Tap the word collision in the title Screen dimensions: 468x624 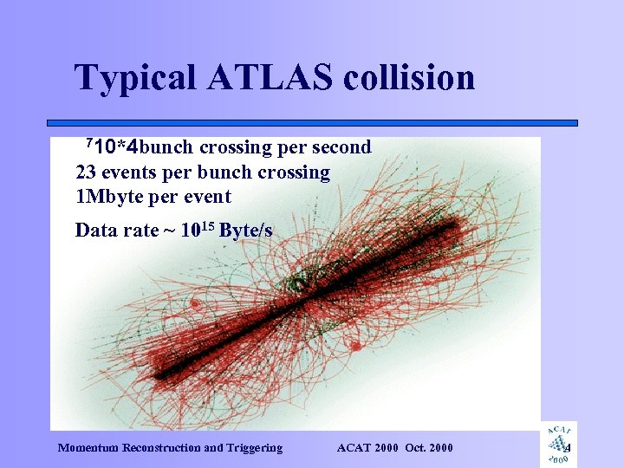click(x=409, y=77)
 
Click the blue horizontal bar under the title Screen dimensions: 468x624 click(x=312, y=123)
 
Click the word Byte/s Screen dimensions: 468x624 click(x=246, y=231)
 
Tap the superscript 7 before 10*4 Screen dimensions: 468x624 click(x=88, y=142)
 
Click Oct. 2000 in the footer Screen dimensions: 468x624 click(x=429, y=448)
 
